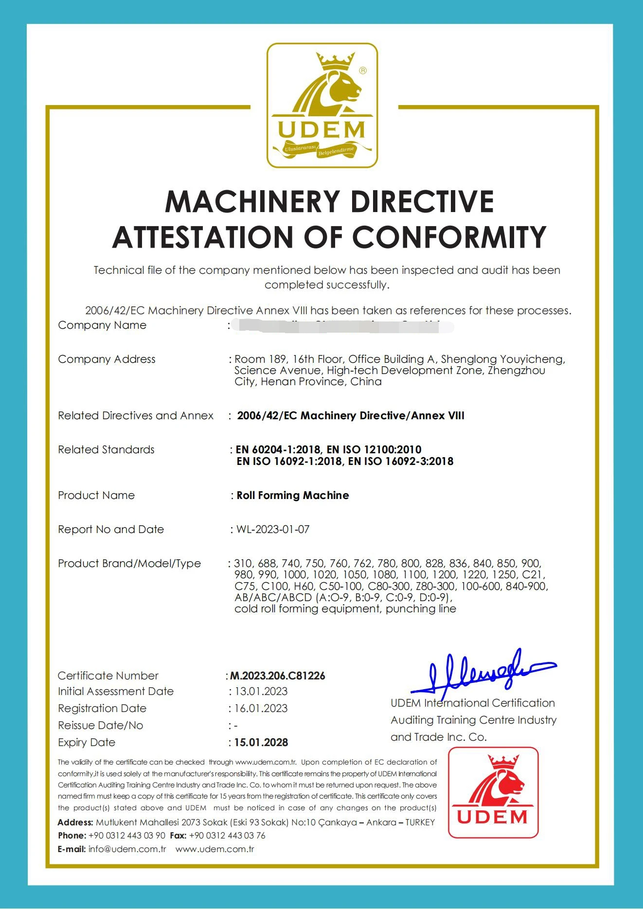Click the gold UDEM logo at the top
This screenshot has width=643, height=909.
(x=322, y=106)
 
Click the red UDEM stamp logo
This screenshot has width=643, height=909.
(x=493, y=793)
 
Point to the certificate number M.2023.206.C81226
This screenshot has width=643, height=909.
(x=278, y=676)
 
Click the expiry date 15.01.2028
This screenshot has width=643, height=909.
(x=261, y=743)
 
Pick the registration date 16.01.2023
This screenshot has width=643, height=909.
(x=261, y=709)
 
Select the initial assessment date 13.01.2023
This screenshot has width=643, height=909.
(x=261, y=692)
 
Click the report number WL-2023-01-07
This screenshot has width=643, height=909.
(x=273, y=530)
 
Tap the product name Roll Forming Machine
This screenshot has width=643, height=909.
(x=293, y=496)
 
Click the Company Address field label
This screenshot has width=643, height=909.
(x=107, y=359)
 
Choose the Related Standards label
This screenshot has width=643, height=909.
(x=106, y=450)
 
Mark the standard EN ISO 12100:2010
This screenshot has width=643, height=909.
(x=374, y=450)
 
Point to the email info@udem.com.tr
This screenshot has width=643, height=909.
(x=127, y=849)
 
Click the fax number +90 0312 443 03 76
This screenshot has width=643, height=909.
(x=227, y=836)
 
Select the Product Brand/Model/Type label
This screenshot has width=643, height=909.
(x=129, y=564)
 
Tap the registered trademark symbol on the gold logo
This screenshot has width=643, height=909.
(x=363, y=71)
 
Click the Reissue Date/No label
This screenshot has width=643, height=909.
(x=100, y=726)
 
